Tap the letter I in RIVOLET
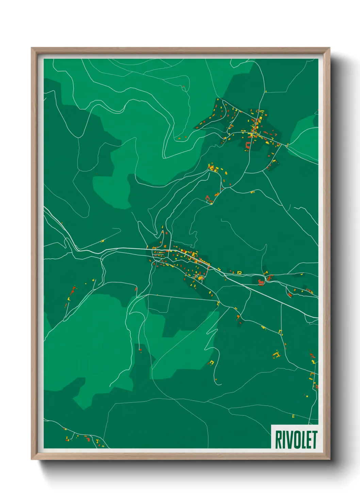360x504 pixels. (x=284, y=440)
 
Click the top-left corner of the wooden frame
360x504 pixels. (x=32, y=48)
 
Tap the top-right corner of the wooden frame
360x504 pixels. (x=329, y=48)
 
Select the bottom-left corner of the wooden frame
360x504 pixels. (x=32, y=459)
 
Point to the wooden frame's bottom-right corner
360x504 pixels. (x=329, y=459)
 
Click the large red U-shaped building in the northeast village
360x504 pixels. (x=248, y=145)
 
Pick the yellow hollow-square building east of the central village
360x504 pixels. (x=239, y=272)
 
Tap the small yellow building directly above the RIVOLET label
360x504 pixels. (x=293, y=416)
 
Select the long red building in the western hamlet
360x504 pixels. (x=72, y=290)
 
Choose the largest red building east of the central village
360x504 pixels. (x=261, y=282)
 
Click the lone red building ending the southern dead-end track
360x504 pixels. (x=140, y=349)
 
